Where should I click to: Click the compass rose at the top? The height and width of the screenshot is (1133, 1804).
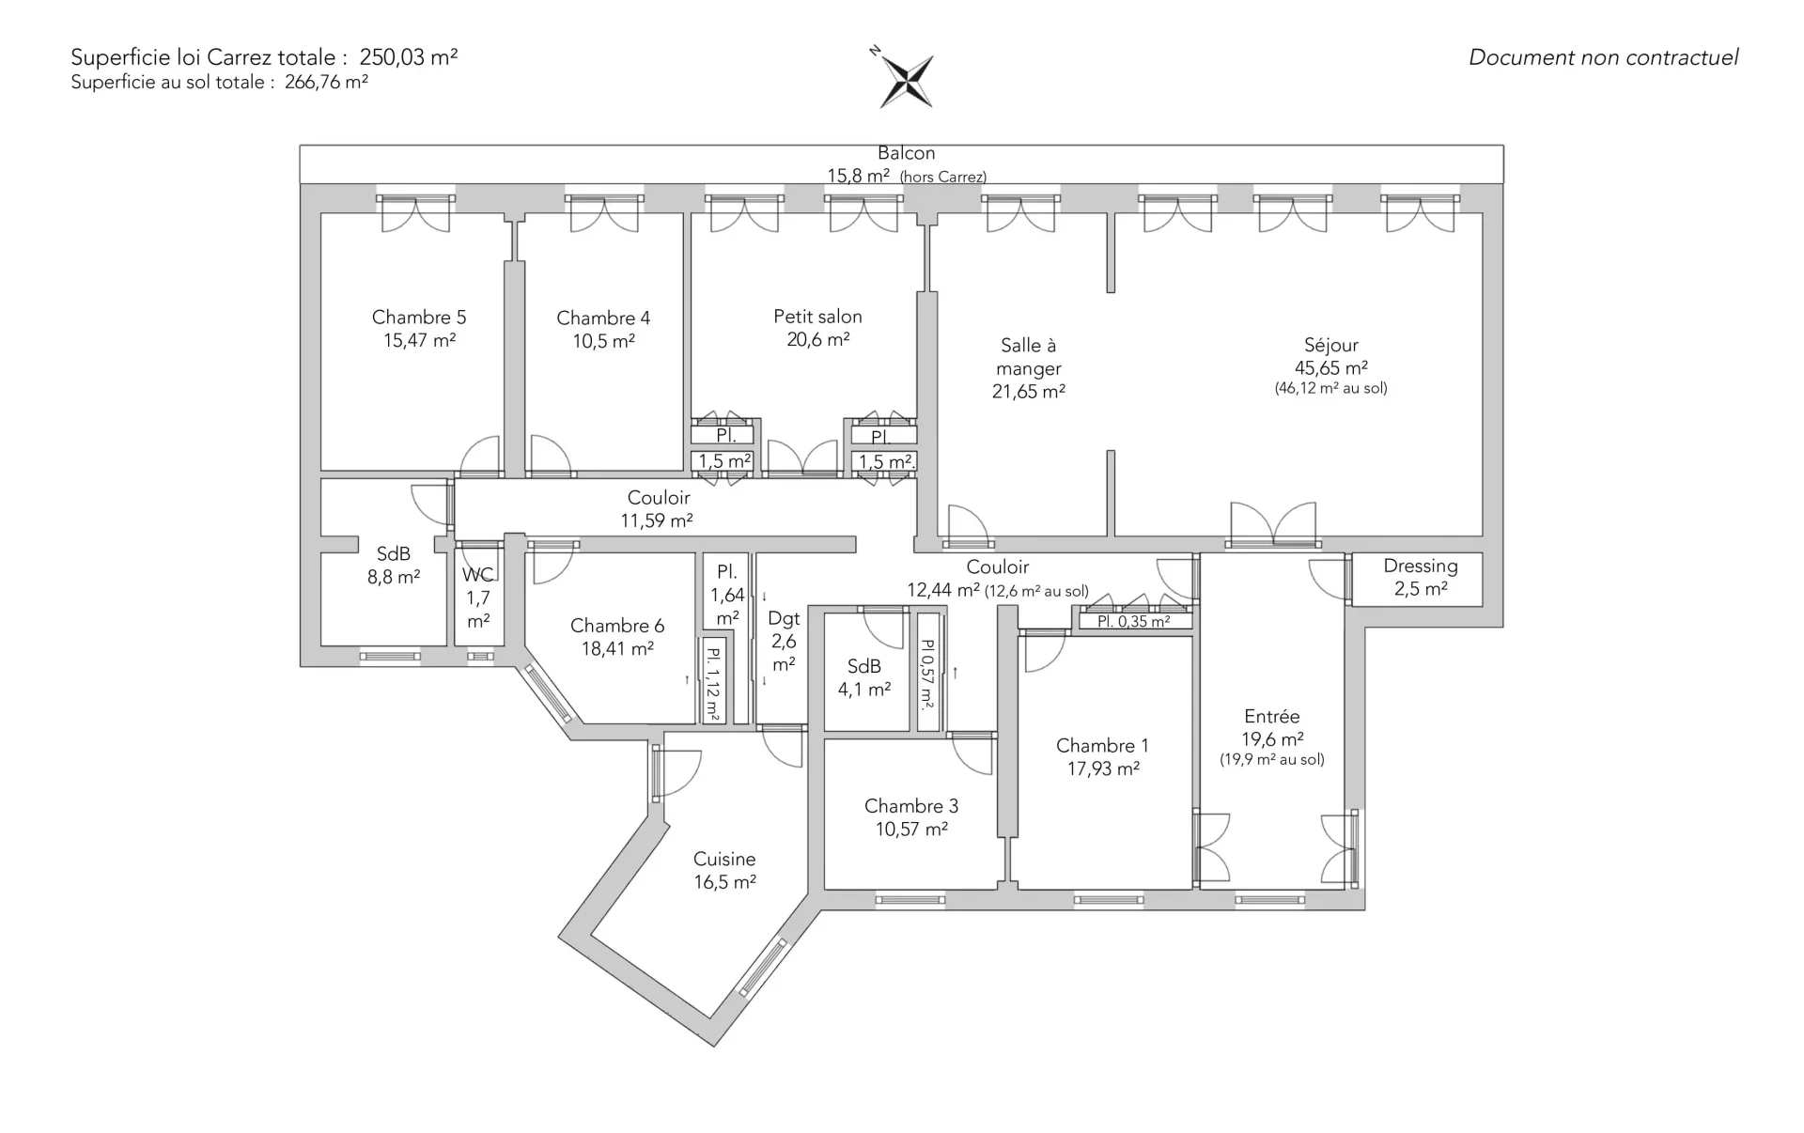coord(905,78)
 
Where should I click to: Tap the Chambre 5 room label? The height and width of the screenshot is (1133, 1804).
coord(419,318)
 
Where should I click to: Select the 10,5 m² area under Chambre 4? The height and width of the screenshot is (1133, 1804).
coord(603,341)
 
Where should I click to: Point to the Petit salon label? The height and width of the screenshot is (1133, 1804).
coord(817,317)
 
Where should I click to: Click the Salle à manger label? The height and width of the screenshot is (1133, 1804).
coord(1029,357)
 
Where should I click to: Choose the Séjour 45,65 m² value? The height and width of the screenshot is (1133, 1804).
coord(1331,368)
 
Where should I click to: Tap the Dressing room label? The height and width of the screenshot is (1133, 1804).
coord(1421,566)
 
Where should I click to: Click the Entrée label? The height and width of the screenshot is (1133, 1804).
coord(1272,716)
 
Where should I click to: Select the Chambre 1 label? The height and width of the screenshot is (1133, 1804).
coord(1102,746)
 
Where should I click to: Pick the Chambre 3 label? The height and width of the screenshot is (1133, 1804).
coord(911,806)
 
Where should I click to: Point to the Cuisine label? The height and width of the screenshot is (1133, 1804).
coord(724,859)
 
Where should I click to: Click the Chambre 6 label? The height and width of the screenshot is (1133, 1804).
coord(617,626)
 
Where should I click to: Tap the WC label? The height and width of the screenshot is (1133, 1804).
coord(478,574)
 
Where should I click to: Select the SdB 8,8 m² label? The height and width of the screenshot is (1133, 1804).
coord(394,566)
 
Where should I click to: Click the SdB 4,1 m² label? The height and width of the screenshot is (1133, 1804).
coord(864,678)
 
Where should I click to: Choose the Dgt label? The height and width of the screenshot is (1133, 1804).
coord(784,618)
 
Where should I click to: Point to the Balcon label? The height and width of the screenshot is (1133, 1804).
coord(907,153)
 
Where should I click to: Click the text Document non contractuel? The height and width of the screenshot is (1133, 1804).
coord(1604,57)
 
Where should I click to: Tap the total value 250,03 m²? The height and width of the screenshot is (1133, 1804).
coord(409,57)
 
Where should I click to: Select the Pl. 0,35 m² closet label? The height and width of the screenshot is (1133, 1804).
coord(1134,622)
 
